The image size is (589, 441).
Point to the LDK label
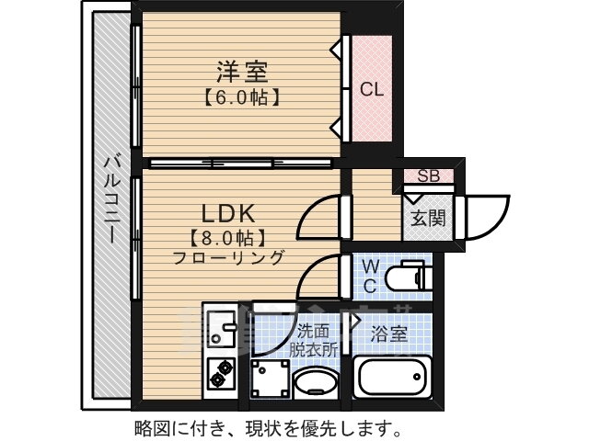227,213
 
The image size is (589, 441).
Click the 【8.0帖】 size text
227,237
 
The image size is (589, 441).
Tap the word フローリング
227,257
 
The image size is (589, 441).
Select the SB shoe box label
428,176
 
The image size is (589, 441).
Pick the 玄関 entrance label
426,219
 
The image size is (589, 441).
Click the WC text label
370,276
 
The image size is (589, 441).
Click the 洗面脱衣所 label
316,339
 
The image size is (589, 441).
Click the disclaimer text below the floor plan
267,427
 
